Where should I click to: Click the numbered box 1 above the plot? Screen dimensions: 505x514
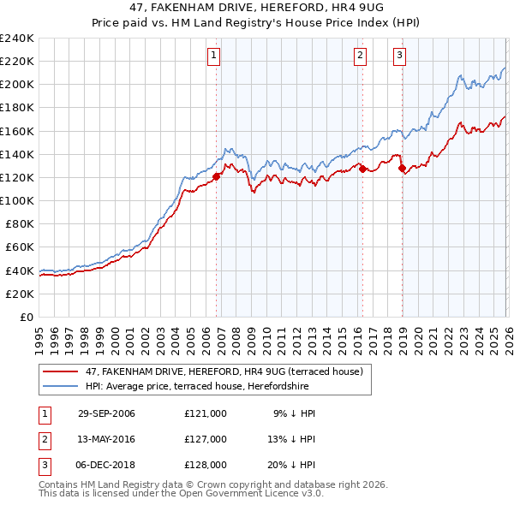click(x=213, y=56)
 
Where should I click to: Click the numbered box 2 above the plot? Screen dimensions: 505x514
click(x=360, y=56)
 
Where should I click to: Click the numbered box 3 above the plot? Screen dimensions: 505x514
click(x=399, y=56)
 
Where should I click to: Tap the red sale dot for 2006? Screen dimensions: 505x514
click(x=216, y=176)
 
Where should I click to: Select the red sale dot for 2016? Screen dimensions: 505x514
click(x=362, y=169)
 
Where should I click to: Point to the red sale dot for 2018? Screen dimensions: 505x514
click(x=402, y=168)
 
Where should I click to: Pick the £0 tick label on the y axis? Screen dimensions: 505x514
click(x=27, y=317)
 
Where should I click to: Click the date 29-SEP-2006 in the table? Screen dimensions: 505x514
click(x=106, y=413)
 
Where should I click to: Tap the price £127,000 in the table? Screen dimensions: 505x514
click(x=205, y=439)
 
